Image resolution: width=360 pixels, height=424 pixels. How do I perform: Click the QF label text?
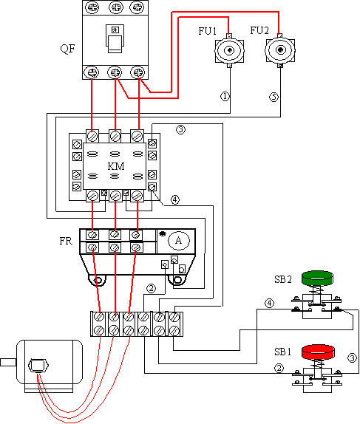pyautogui.click(x=67, y=49)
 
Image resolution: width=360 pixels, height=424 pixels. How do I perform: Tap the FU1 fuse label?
pyautogui.click(x=208, y=31)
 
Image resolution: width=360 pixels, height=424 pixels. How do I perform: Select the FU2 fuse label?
pyautogui.click(x=259, y=30)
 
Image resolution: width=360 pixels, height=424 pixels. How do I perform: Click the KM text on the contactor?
pyautogui.click(x=116, y=166)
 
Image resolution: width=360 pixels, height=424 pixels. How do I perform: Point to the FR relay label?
pyautogui.click(x=66, y=241)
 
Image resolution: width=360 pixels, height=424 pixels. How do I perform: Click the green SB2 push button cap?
pyautogui.click(x=317, y=278)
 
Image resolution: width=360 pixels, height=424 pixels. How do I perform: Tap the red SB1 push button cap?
pyautogui.click(x=318, y=352)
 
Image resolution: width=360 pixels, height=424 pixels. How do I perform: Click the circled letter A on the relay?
pyautogui.click(x=179, y=240)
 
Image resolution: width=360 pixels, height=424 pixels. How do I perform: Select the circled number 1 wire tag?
pyautogui.click(x=225, y=96)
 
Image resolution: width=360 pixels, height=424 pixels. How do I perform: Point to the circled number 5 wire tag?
pyautogui.click(x=274, y=97)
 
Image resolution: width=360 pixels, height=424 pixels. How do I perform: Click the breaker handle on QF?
pyautogui.click(x=115, y=38)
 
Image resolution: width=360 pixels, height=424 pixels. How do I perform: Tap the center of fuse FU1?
pyautogui.click(x=230, y=50)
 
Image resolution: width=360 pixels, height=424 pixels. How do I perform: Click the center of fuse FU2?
pyautogui.click(x=280, y=49)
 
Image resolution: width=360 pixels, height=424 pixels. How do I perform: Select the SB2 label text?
pyautogui.click(x=283, y=279)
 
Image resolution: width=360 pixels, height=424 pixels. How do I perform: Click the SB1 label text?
pyautogui.click(x=283, y=352)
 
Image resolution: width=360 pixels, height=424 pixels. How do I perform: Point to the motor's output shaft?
pyautogui.click(x=8, y=363)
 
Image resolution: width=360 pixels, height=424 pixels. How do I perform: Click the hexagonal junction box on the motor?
pyautogui.click(x=38, y=366)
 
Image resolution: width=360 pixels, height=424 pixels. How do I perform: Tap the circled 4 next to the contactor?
pyautogui.click(x=175, y=200)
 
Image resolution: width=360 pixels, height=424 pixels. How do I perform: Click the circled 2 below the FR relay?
pyautogui.click(x=151, y=288)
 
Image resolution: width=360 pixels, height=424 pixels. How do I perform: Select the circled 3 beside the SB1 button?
pyautogui.click(x=352, y=358)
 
